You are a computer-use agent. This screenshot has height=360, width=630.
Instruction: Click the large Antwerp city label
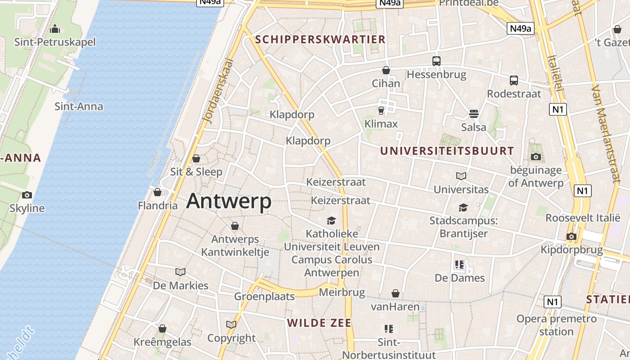(x=229, y=201)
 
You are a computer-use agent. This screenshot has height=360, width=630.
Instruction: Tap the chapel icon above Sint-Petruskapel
(x=55, y=29)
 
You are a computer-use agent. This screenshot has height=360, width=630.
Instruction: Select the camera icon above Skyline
(x=27, y=195)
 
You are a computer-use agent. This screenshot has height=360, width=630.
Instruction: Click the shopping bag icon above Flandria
(x=157, y=193)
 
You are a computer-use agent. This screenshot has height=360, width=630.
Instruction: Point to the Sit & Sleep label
(x=196, y=171)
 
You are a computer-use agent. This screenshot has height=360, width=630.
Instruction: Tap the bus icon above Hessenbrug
(x=436, y=61)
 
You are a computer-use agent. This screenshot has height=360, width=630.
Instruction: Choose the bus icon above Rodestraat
(x=514, y=81)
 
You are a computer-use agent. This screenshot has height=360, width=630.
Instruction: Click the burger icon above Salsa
(x=473, y=113)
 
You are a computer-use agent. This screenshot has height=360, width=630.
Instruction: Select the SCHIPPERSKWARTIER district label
(x=320, y=39)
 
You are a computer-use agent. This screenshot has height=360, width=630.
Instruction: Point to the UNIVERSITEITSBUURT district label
(x=447, y=151)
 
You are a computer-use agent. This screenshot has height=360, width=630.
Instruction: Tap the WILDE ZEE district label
(x=319, y=323)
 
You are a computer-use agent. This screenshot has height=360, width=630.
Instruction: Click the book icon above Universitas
(x=461, y=176)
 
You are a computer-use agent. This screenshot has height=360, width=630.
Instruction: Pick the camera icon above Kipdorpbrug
(x=571, y=236)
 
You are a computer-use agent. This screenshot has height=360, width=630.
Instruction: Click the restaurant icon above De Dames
(x=459, y=265)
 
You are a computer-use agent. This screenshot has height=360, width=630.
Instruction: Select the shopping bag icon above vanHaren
(x=395, y=294)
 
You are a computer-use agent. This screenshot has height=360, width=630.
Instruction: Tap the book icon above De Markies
(x=180, y=272)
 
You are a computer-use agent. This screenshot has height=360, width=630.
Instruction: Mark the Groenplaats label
(x=264, y=296)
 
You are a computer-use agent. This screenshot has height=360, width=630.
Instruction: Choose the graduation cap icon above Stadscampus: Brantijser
(x=463, y=207)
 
